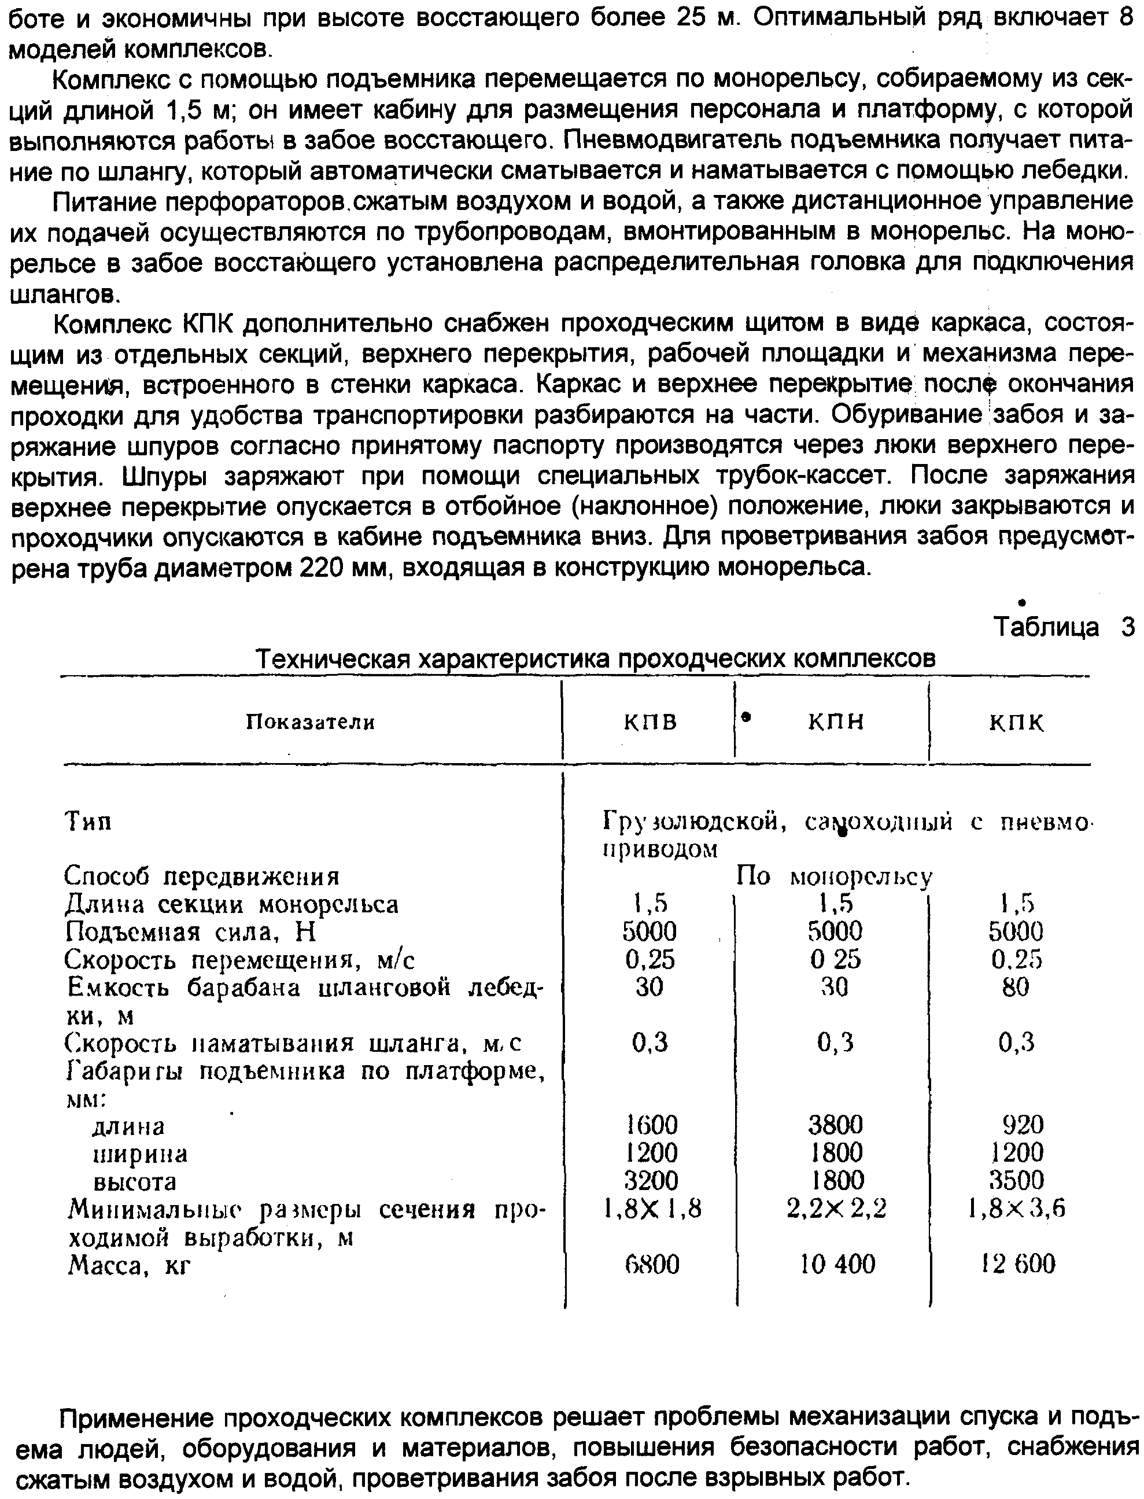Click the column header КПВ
click(650, 721)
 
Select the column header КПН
click(836, 721)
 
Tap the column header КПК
click(1016, 723)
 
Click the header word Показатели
click(310, 722)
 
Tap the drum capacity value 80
click(1015, 987)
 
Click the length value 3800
click(836, 1125)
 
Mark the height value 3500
click(1017, 1180)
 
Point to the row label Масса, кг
click(129, 1266)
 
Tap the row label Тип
click(88, 822)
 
